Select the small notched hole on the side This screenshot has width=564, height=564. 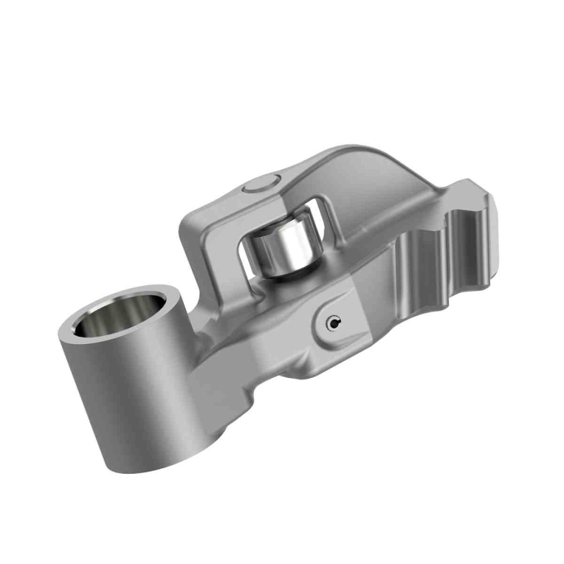pyautogui.click(x=333, y=323)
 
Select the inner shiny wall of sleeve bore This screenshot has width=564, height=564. pyautogui.click(x=113, y=322)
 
